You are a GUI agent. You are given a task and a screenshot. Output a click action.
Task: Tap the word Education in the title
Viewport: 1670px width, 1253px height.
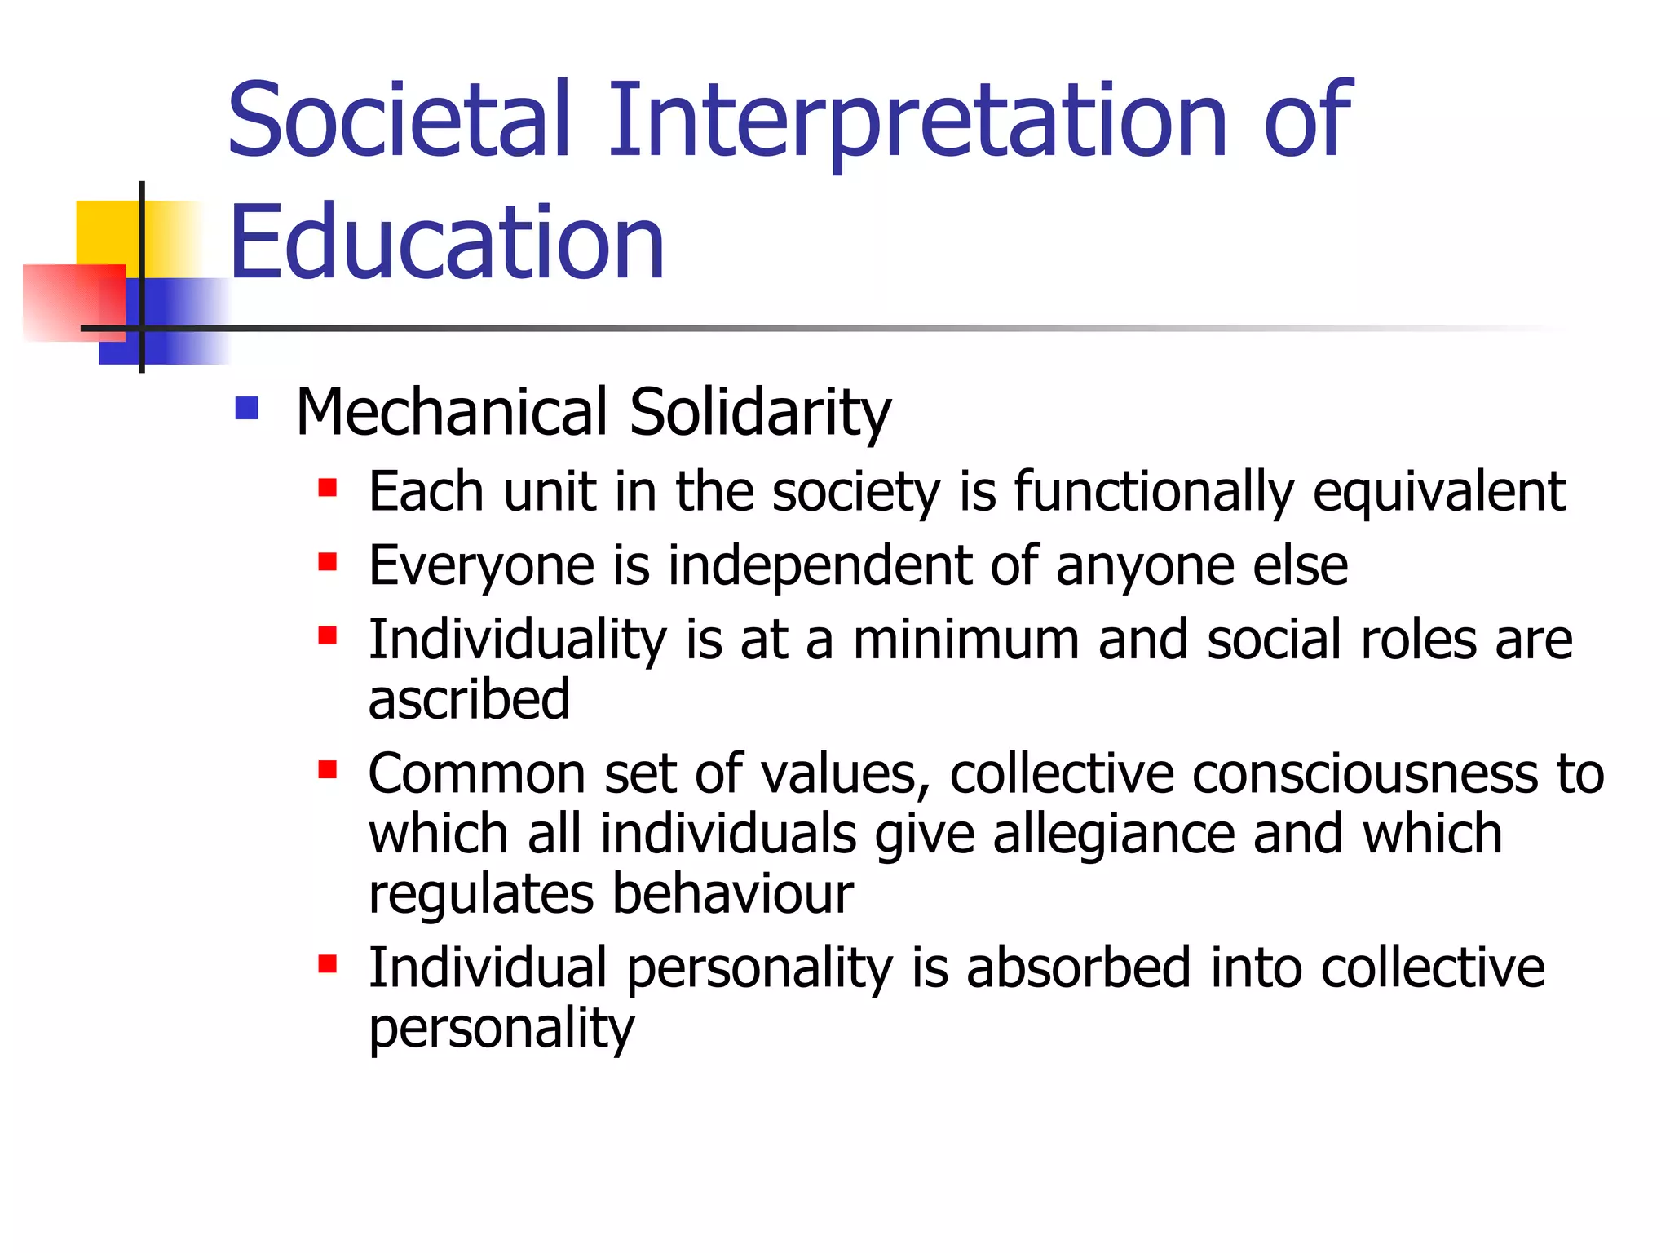447,242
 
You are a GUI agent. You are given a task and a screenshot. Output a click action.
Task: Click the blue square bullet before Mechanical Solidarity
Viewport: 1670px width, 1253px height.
246,408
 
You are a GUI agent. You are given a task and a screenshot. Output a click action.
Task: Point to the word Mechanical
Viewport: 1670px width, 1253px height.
452,412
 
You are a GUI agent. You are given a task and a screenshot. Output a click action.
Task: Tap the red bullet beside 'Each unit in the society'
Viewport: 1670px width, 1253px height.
328,488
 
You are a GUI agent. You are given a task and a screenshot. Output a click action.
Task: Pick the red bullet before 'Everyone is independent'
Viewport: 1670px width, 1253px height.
328,562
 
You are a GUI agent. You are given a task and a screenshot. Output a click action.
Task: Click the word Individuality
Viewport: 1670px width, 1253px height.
518,641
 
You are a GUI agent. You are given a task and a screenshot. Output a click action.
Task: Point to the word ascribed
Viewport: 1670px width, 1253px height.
469,700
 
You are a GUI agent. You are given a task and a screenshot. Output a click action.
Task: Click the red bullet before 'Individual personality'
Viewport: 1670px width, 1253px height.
328,965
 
